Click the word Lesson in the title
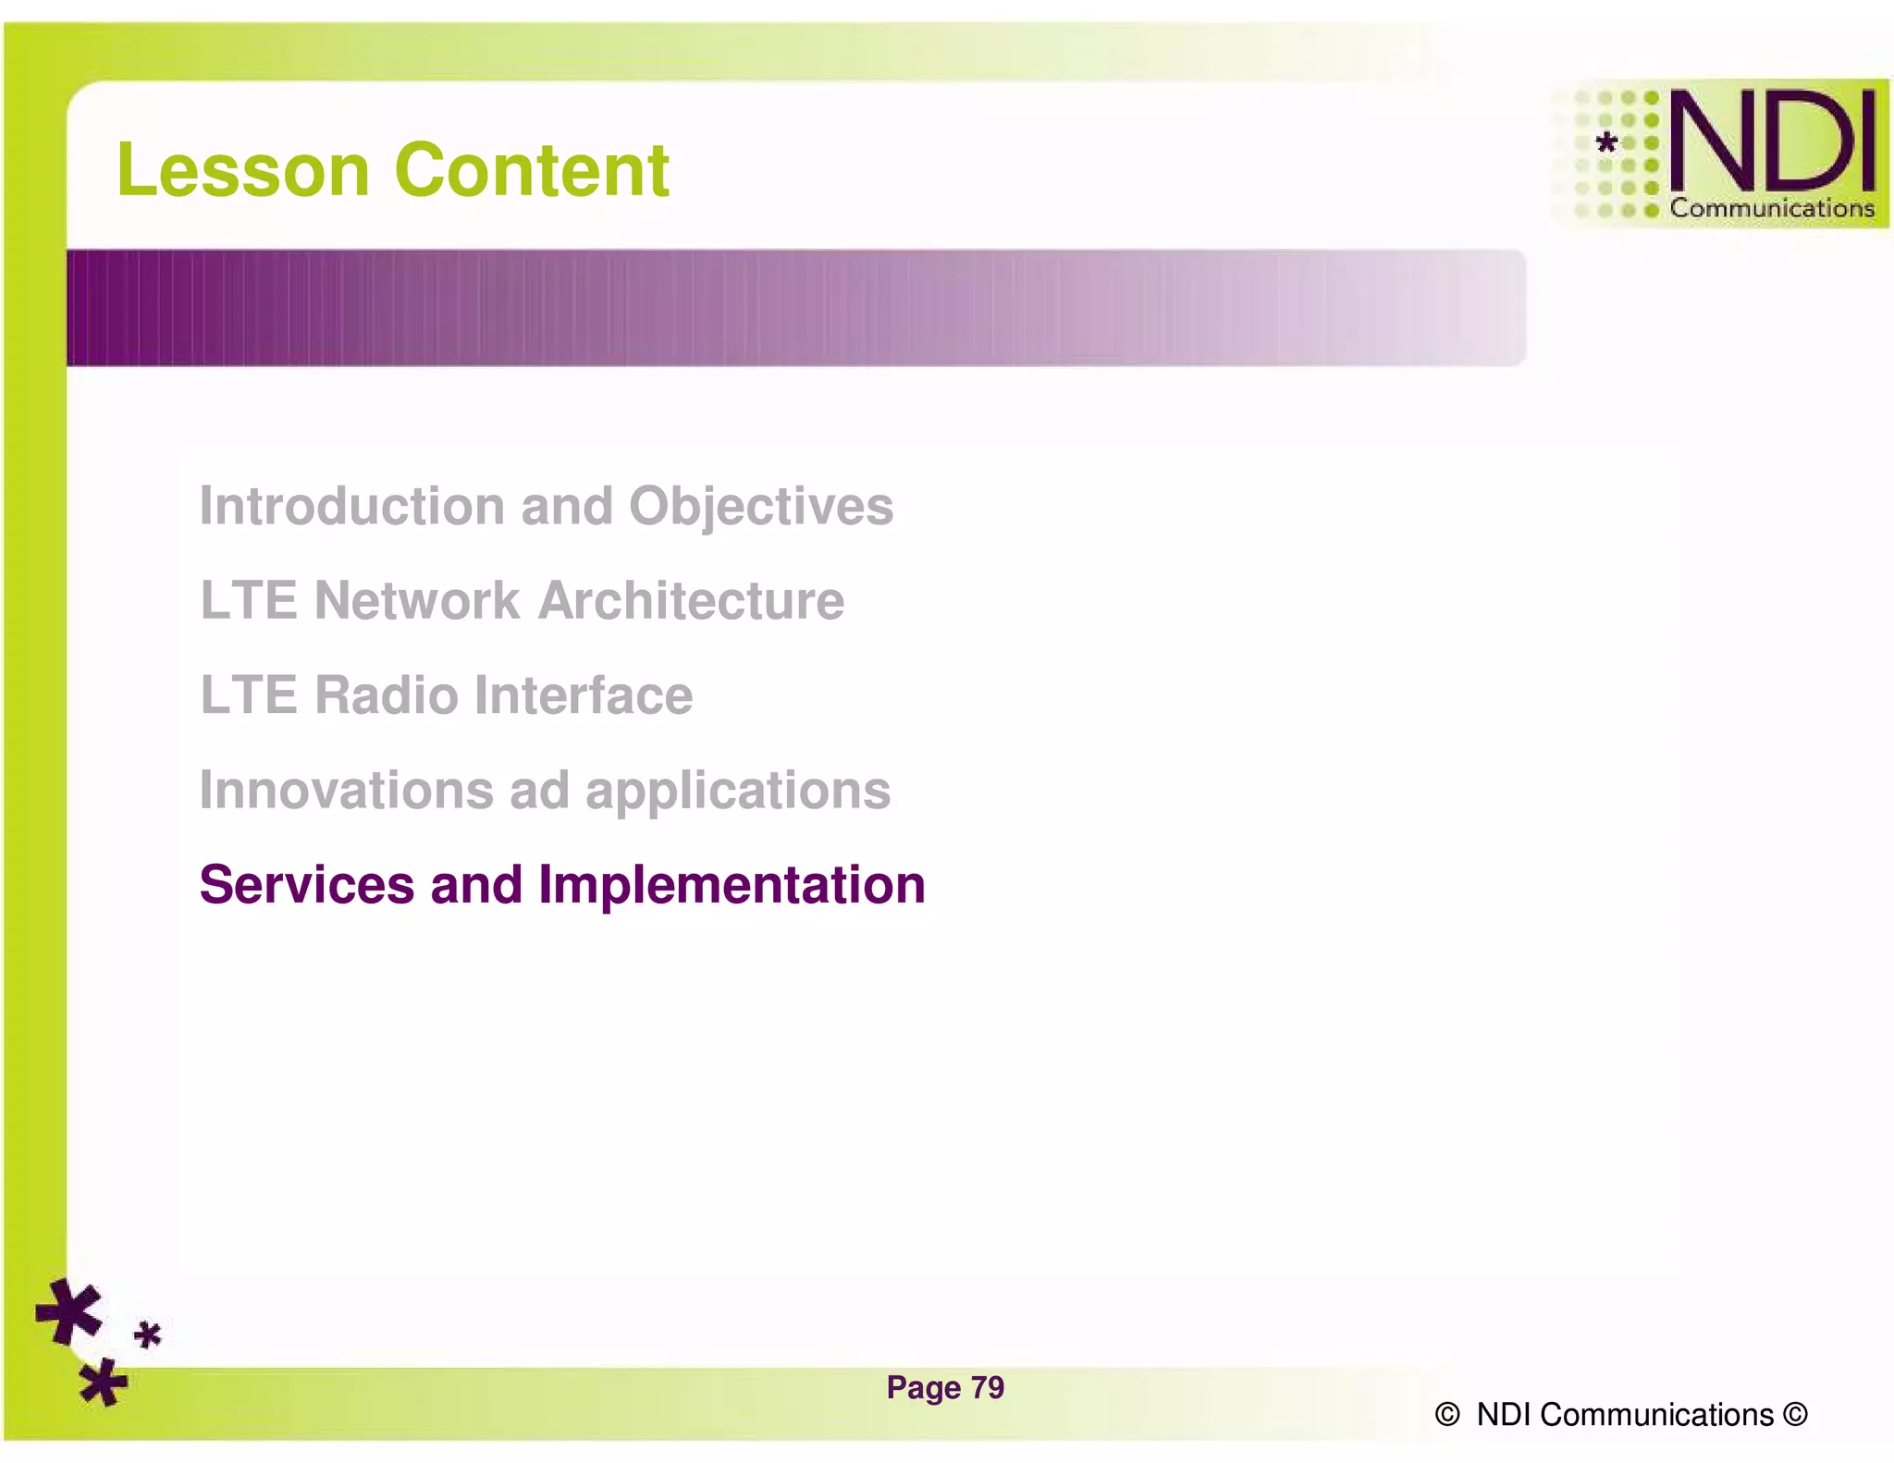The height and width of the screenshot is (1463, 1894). [x=243, y=171]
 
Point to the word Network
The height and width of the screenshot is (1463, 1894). [x=417, y=601]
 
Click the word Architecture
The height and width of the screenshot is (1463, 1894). [x=691, y=601]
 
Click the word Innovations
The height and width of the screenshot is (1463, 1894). [x=346, y=791]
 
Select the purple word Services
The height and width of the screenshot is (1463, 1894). [x=306, y=885]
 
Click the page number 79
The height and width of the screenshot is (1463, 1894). [x=988, y=1388]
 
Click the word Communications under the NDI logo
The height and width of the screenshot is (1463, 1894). [x=1771, y=209]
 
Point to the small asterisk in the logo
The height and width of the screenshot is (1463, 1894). [x=1607, y=142]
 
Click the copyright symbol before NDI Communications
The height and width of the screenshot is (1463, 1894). [x=1447, y=1415]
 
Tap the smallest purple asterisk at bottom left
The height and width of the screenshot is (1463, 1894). [x=148, y=1335]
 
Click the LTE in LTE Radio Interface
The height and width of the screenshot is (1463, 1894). [x=248, y=695]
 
